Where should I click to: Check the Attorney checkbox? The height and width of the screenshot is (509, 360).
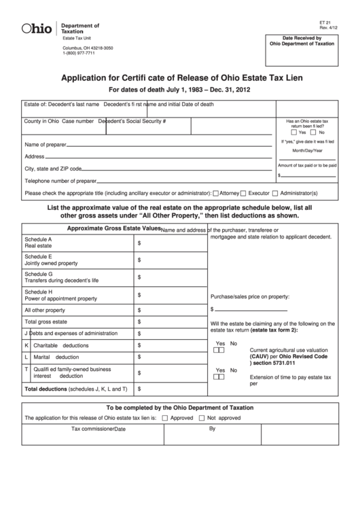pyautogui.click(x=215, y=193)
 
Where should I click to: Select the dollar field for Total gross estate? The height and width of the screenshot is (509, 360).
pyautogui.click(x=170, y=321)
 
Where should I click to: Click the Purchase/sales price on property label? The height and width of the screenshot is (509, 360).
pyautogui.click(x=250, y=296)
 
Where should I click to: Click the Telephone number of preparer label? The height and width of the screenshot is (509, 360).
pyautogui.click(x=60, y=181)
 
